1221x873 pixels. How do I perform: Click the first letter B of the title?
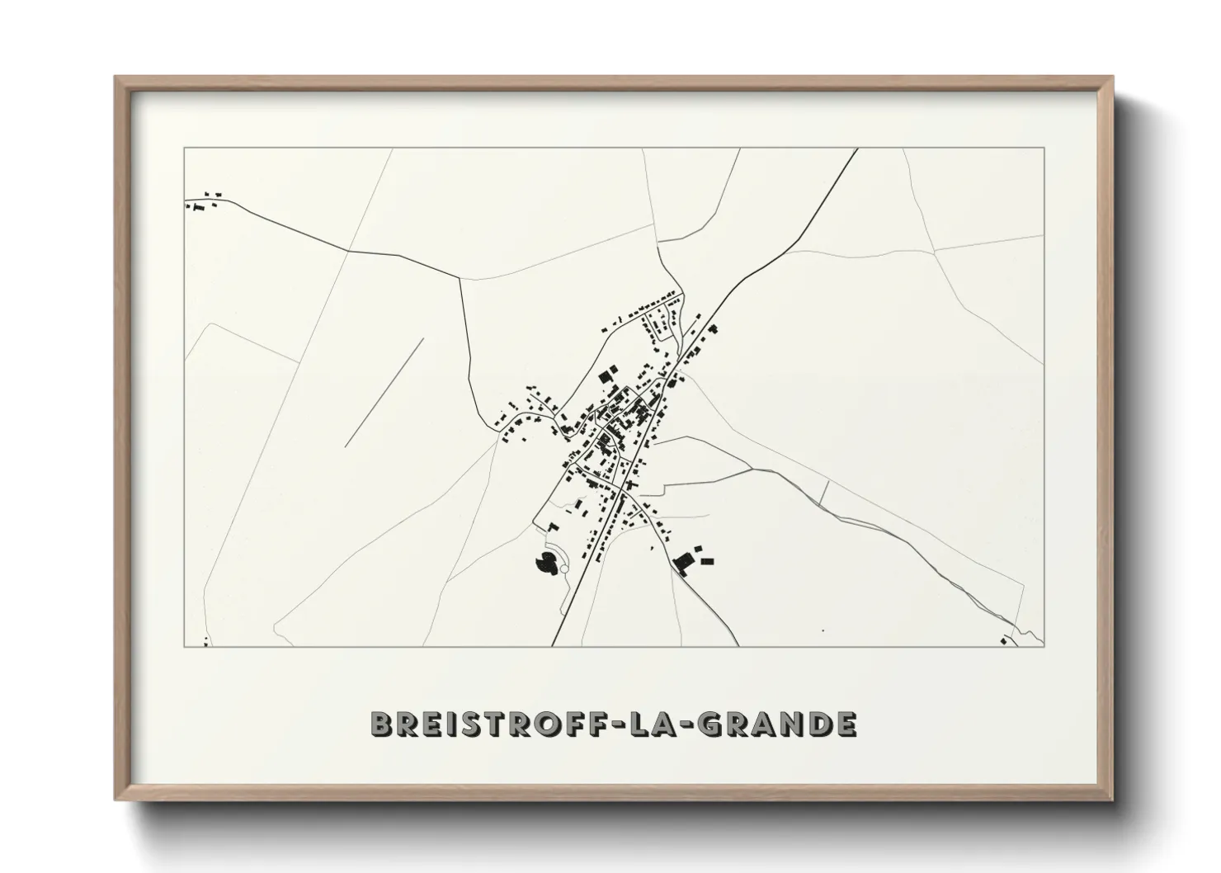380,724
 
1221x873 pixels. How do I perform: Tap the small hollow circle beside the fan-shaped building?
563,569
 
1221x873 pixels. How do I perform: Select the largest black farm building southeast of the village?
682,564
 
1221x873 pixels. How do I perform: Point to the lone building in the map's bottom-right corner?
1003,639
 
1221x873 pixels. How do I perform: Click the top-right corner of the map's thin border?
1044,149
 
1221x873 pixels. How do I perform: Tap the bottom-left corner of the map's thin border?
184,647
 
